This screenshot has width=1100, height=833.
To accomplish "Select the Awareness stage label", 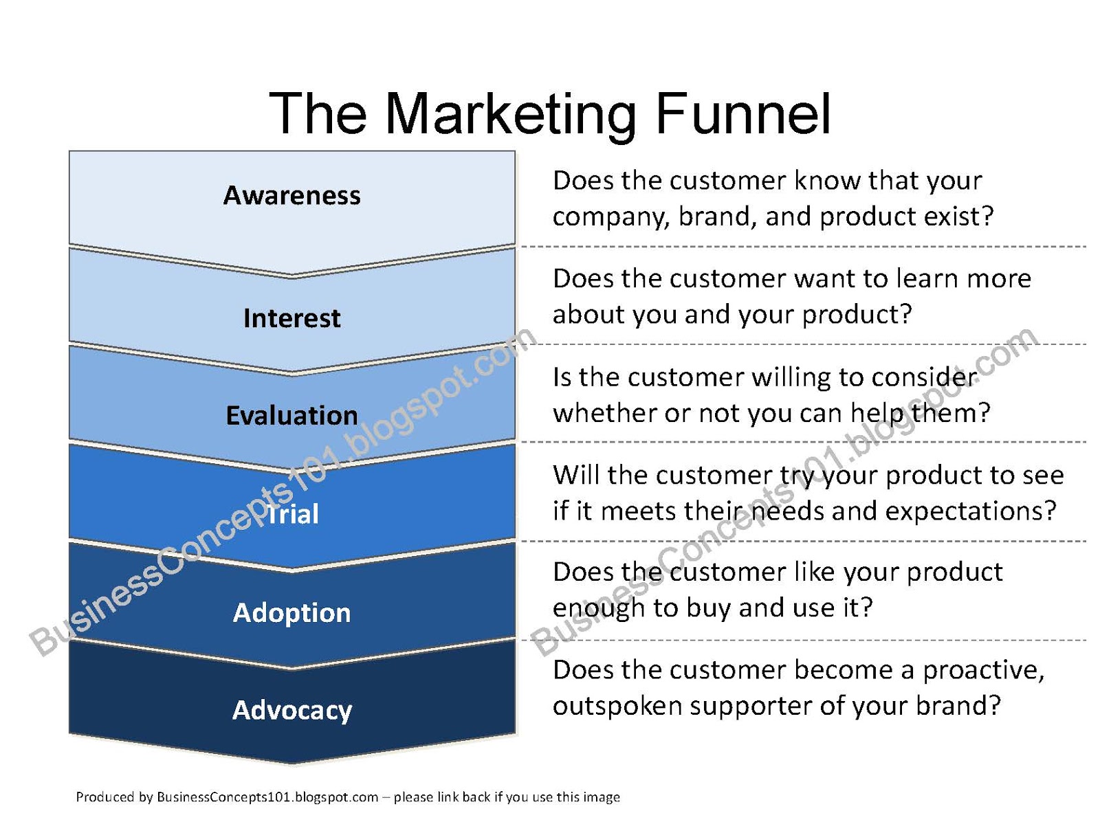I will tap(291, 196).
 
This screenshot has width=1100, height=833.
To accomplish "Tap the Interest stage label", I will tap(291, 318).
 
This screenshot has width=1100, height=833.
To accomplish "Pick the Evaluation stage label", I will tap(291, 416).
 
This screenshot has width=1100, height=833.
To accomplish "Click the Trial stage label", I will tap(293, 514).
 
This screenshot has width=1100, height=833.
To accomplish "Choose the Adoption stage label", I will tap(291, 612).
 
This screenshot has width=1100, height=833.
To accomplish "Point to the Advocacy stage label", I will tap(291, 710).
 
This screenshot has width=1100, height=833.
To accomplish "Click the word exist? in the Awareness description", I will tap(958, 216).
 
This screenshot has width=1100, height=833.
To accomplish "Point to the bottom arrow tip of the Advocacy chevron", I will tap(292, 762).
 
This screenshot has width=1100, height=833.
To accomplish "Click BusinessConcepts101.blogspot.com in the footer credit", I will tap(267, 797).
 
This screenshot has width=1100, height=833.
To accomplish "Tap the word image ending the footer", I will tap(602, 797).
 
